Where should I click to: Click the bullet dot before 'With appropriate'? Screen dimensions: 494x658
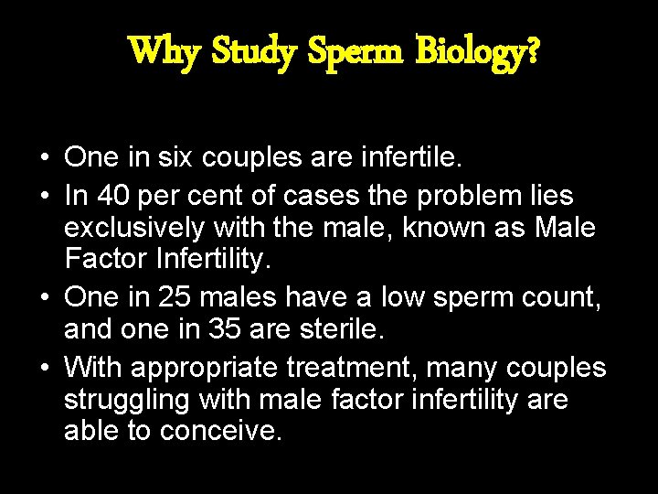pyautogui.click(x=45, y=368)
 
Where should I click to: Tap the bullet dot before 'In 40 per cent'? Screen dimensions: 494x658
pyautogui.click(x=45, y=195)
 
